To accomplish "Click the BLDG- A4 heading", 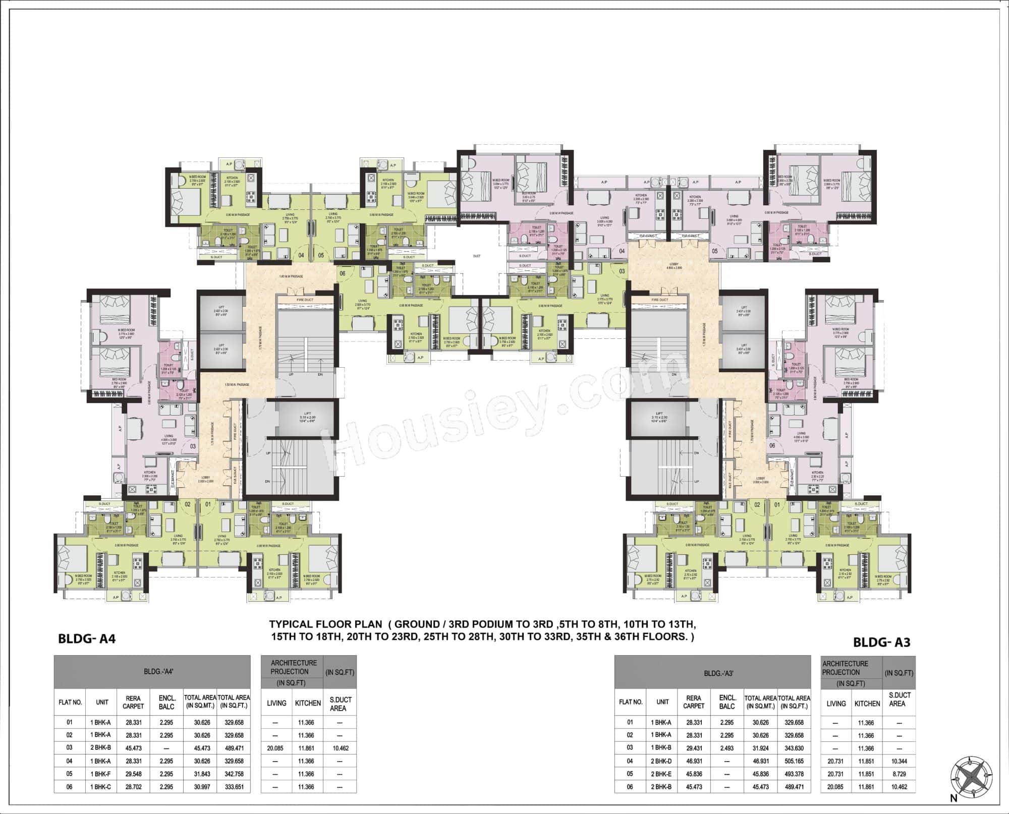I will coord(87,639).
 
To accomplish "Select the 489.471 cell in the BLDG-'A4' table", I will coord(233,748).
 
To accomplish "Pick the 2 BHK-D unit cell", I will coord(663,761).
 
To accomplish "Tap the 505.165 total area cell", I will coord(794,761).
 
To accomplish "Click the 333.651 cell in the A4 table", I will coord(233,787).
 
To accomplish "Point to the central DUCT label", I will coord(476,256).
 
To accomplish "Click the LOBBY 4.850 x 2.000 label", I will coord(673,266).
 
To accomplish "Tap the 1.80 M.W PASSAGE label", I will coord(291,276).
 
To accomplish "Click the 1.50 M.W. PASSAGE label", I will coord(237,385).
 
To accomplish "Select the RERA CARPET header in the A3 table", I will coord(694,702).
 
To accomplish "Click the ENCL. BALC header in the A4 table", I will coord(166,703).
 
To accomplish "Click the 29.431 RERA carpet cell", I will coord(694,748).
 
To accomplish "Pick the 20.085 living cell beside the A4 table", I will coord(275,748).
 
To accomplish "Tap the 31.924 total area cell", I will coord(760,748).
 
